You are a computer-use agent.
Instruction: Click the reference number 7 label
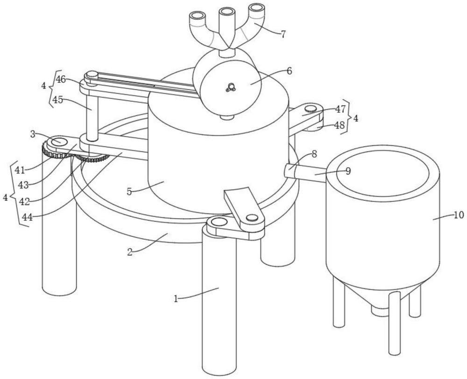click(283, 34)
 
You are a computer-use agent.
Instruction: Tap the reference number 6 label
click(289, 71)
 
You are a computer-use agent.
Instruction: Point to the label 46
click(61, 80)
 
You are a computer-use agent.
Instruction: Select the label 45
click(58, 100)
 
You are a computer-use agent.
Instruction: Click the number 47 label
click(340, 109)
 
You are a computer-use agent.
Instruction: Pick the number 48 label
click(340, 125)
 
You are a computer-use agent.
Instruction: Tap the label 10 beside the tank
click(459, 215)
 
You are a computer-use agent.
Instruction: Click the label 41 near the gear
click(20, 170)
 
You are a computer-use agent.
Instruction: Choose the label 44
click(28, 218)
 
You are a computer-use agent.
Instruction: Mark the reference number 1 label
click(176, 299)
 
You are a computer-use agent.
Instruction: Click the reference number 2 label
click(130, 253)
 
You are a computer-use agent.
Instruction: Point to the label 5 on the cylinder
click(129, 192)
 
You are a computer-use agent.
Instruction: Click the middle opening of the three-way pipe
click(227, 11)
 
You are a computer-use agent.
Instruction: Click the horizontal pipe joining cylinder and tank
click(305, 172)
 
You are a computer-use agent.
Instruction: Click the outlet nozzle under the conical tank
click(379, 310)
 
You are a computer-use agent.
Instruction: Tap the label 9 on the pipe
click(348, 171)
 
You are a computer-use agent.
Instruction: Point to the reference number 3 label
click(33, 134)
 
